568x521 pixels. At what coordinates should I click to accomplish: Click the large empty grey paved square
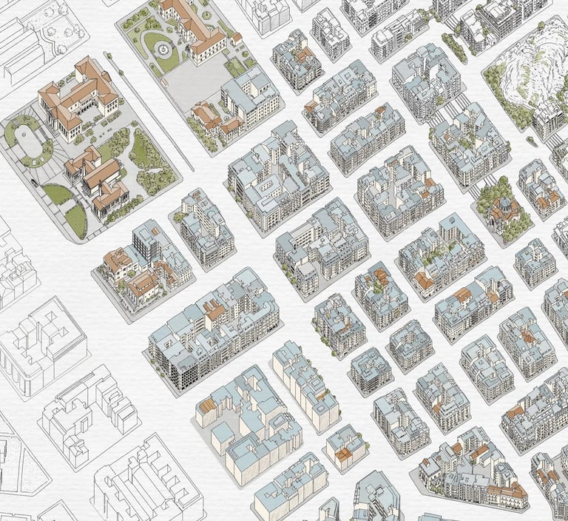pyautogui.click(x=197, y=81)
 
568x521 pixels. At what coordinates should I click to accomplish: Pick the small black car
pyautogui.click(x=33, y=180)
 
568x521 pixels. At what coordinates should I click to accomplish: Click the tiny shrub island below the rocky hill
pyautogui.click(x=531, y=139)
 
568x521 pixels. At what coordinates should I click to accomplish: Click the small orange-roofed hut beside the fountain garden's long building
pyautogui.click(x=237, y=37)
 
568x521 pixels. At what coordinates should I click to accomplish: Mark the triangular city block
pyautogui.click(x=473, y=474)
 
